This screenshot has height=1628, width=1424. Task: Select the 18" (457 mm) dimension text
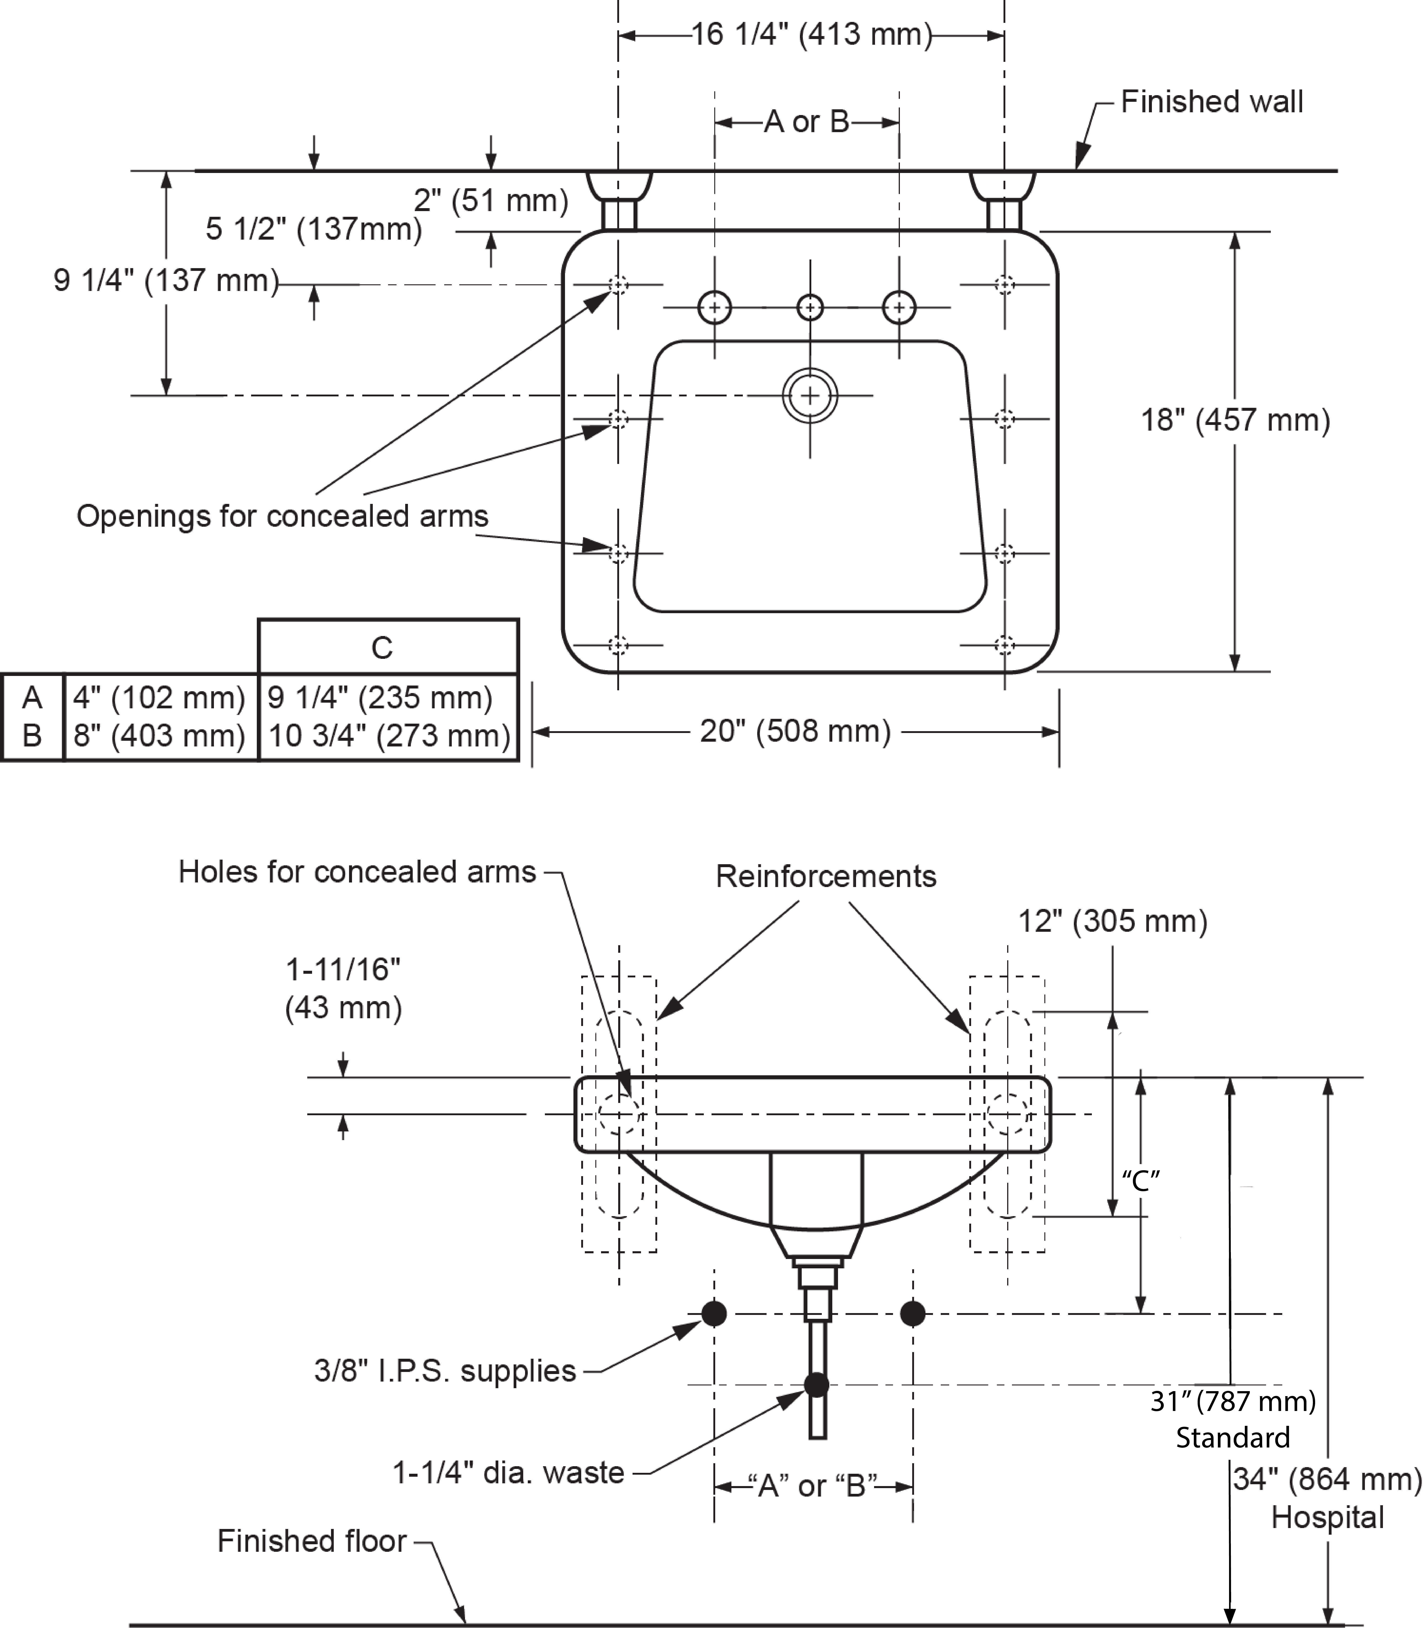[x=1235, y=419]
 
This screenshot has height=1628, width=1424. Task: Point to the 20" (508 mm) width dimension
[x=795, y=731]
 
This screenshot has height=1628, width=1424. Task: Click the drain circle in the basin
[x=810, y=395]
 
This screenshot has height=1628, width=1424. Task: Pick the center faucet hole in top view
[x=810, y=307]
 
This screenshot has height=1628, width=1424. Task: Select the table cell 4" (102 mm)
[x=159, y=698]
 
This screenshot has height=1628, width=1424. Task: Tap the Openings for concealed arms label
[x=282, y=516]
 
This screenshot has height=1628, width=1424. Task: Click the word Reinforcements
[x=826, y=876]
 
